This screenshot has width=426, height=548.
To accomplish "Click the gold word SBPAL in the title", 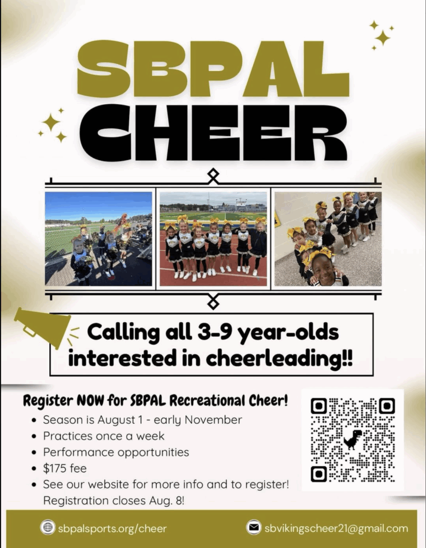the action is [x=213, y=69].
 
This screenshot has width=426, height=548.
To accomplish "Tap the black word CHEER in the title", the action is [x=214, y=133].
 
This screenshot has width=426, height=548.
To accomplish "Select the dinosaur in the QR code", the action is [x=353, y=439].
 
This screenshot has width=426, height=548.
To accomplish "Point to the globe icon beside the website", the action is [x=48, y=527].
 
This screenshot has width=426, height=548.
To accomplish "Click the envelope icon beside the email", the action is [x=254, y=527].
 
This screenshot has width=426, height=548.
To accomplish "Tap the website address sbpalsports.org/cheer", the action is [x=112, y=528].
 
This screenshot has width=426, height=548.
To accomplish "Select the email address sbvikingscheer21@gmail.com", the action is [x=336, y=528].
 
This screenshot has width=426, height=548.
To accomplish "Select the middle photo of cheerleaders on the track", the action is [x=213, y=239].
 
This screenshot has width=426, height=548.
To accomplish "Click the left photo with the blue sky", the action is [x=98, y=239].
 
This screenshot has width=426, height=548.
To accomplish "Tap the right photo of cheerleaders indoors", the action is [x=328, y=239].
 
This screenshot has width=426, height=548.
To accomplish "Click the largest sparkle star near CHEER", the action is [x=51, y=123].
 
